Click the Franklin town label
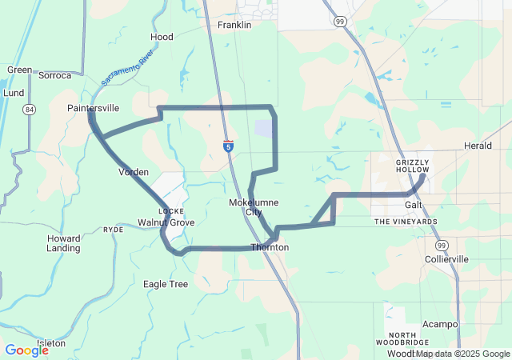(x=234, y=25)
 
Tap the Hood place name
(x=162, y=37)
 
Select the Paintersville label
(x=94, y=107)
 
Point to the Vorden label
(x=134, y=172)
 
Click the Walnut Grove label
(x=166, y=222)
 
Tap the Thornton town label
(x=270, y=248)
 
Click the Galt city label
(x=413, y=205)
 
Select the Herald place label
(x=478, y=146)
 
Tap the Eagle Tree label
(x=166, y=284)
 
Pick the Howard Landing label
(x=63, y=243)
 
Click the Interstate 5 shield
(x=229, y=146)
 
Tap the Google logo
(x=26, y=350)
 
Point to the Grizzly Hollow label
(x=413, y=166)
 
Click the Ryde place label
(x=114, y=229)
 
